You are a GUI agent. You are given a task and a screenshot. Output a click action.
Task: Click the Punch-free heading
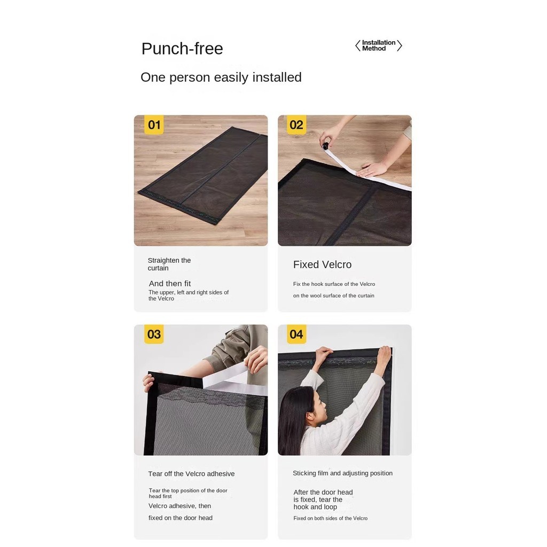[x=182, y=49]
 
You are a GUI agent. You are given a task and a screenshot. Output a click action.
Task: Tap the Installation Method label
[x=379, y=45]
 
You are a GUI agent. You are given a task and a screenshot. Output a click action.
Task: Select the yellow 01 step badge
[x=154, y=125]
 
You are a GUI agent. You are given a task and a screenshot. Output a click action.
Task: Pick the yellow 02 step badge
[x=296, y=125]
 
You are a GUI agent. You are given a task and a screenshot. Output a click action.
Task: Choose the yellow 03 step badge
[x=154, y=334]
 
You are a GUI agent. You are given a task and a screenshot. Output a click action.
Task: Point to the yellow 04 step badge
[x=296, y=334]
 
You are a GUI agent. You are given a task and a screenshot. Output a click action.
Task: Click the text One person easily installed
[x=221, y=77]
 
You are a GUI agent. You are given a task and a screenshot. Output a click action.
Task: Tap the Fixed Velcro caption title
[x=322, y=264]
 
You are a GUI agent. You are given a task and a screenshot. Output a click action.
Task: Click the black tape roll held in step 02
[x=325, y=146]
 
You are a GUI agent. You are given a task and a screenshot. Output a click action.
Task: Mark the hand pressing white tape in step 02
[x=372, y=169]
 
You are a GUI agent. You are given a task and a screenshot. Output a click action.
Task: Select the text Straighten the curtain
[x=169, y=264]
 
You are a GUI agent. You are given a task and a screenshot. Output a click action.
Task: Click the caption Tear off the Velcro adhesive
[x=191, y=474]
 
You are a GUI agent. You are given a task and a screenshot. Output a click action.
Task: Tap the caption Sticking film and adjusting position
[x=342, y=473]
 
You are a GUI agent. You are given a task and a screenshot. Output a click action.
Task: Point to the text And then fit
[x=170, y=283]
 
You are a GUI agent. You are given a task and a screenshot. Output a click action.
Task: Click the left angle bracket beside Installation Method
[x=357, y=46]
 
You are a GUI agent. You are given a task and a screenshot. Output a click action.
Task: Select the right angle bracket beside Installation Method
[x=400, y=46]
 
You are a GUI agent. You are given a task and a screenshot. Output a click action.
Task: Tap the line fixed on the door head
[x=181, y=518]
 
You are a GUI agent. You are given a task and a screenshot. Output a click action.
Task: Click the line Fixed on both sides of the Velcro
[x=330, y=518]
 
